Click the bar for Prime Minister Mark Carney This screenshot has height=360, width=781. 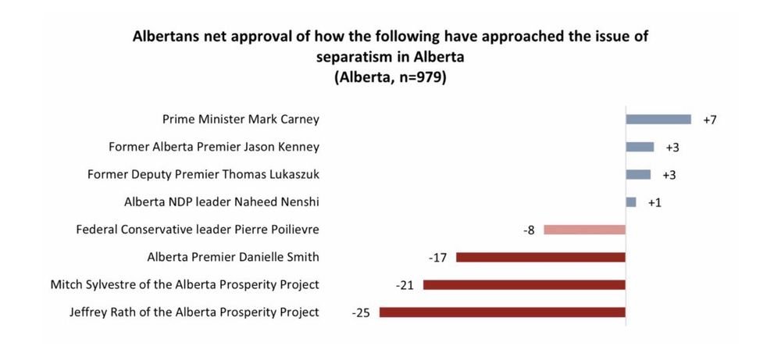tap(658, 119)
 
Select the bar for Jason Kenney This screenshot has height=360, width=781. tap(640, 147)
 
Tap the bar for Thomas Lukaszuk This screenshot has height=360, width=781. tap(638, 174)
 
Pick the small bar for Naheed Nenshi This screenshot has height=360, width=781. tap(631, 202)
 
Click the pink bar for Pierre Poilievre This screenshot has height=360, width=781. tap(585, 230)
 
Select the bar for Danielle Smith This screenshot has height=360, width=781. tap(541, 258)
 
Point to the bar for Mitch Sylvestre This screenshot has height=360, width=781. tap(525, 285)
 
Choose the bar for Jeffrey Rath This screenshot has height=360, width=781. tap(502, 312)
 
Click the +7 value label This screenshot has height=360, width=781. tap(709, 120)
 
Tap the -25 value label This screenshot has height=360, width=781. tap(361, 314)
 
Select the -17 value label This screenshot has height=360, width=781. tap(437, 258)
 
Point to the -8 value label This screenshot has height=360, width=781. tap(529, 231)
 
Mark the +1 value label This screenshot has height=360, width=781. tap(654, 203)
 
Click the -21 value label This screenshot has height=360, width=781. tap(405, 286)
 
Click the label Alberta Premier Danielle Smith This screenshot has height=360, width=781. tap(233, 258)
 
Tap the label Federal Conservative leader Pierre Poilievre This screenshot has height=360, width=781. tap(198, 230)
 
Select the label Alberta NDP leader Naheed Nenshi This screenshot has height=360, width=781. tap(222, 202)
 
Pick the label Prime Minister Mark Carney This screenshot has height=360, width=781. tap(241, 120)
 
